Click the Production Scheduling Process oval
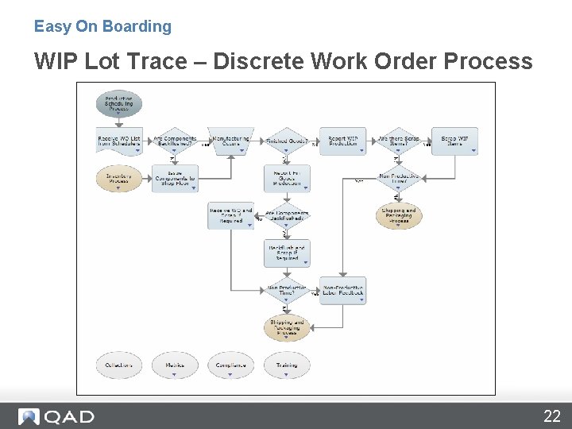coord(118,104)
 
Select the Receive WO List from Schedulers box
coord(118,141)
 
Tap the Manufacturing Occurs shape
coord(230,141)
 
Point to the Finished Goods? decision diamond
coord(287,141)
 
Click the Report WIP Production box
coord(342,141)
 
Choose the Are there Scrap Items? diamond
coord(398,141)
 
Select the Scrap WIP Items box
coord(454,141)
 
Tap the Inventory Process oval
coord(118,179)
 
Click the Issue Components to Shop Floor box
coord(175,179)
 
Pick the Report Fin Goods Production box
coord(287,179)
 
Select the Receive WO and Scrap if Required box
coord(230,215)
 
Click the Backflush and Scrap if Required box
coord(287,253)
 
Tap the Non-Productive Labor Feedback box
coord(342,291)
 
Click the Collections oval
coord(118,365)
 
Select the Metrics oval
coord(175,365)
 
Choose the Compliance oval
coord(230,365)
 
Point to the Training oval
coord(287,365)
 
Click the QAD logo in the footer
coord(56,416)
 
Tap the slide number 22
coord(551,415)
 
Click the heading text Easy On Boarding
coord(102,26)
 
